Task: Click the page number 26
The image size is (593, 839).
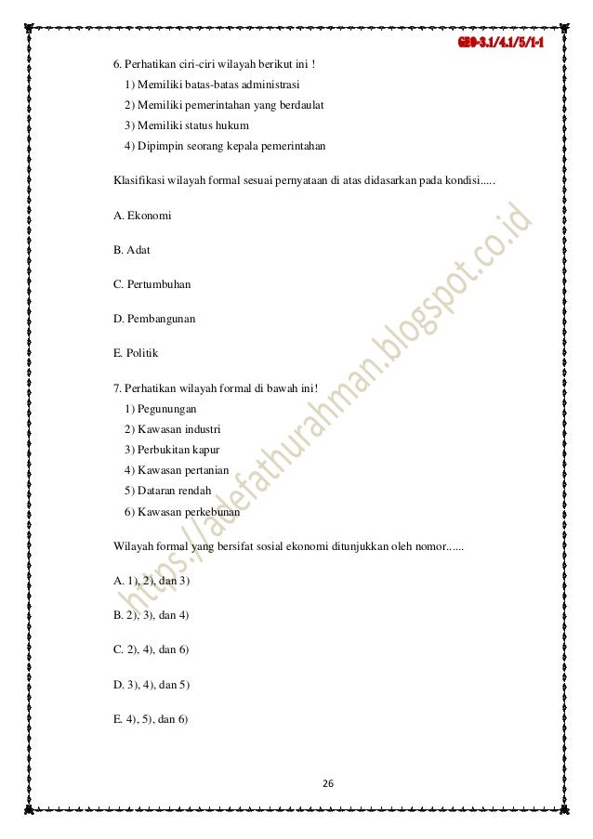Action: pyautogui.click(x=327, y=783)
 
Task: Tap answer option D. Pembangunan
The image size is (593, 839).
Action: pyautogui.click(x=154, y=319)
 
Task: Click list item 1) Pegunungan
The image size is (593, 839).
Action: pyautogui.click(x=160, y=408)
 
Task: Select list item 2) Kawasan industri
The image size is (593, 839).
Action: pyautogui.click(x=173, y=428)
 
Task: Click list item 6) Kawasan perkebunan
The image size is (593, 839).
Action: pyautogui.click(x=180, y=511)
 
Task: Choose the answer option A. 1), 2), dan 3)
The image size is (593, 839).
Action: pyautogui.click(x=152, y=580)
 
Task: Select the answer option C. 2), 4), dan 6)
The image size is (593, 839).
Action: pyautogui.click(x=152, y=649)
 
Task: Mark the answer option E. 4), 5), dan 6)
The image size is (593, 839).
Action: pyautogui.click(x=151, y=717)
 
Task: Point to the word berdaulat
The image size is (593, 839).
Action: pyautogui.click(x=296, y=106)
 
